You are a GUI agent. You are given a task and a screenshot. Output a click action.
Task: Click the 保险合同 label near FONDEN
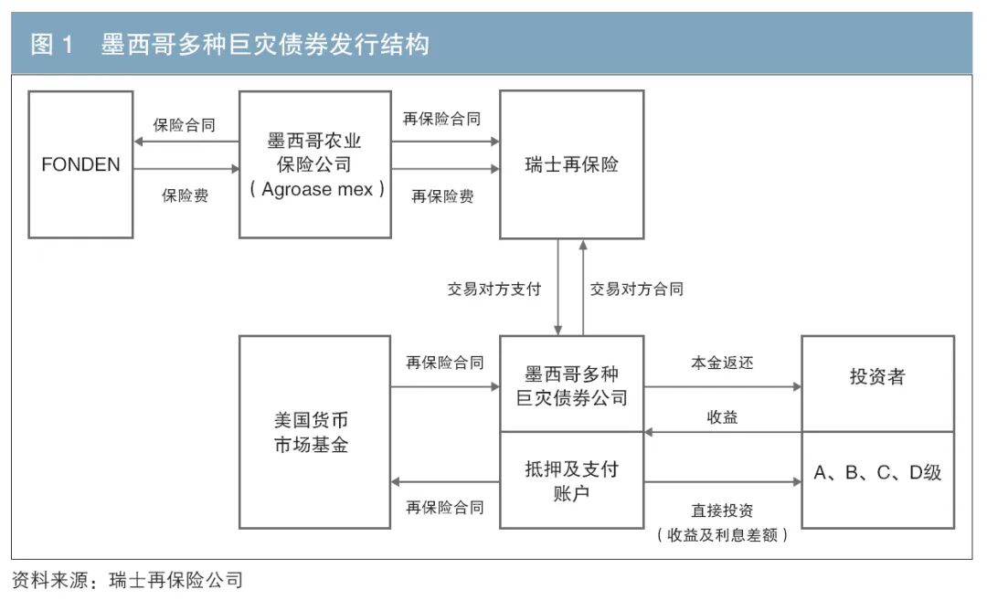pos(185,125)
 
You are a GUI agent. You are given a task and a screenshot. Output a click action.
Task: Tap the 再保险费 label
pos(442,197)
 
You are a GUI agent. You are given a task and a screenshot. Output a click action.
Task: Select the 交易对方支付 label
pos(494,289)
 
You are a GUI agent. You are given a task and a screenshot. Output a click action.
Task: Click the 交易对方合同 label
pos(636,289)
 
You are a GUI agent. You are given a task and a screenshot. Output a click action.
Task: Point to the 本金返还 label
pos(722,363)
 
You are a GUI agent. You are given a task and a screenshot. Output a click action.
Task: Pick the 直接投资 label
pos(722,511)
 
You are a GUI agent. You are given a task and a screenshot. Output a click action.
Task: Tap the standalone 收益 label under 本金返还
pos(722,417)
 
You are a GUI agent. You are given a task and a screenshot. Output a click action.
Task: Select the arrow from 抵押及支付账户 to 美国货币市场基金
pos(445,482)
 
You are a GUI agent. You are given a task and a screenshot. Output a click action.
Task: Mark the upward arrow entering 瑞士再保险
pos(583,288)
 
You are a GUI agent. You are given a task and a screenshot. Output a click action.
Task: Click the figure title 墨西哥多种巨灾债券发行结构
pos(265,45)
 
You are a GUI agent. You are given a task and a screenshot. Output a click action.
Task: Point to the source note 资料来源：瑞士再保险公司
pos(127,580)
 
